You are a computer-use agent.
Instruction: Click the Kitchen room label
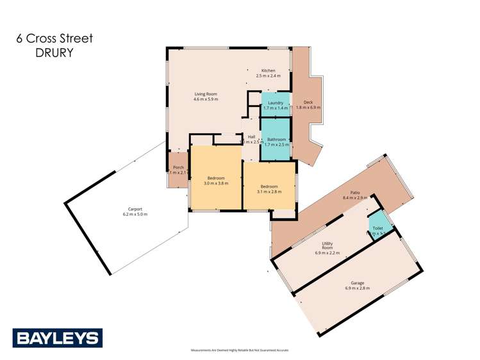pyautogui.click(x=268, y=70)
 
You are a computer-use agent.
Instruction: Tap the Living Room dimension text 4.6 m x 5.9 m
pyautogui.click(x=206, y=100)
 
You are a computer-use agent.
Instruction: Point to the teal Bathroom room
pyautogui.click(x=276, y=142)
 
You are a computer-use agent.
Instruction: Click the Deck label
pyautogui.click(x=308, y=102)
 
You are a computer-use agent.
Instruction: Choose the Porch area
pyautogui.click(x=178, y=170)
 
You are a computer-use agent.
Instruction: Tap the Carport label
pyautogui.click(x=135, y=209)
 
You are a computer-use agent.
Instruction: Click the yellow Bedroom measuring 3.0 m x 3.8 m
pyautogui.click(x=216, y=180)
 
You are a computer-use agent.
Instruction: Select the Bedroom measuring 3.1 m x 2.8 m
pyautogui.click(x=269, y=187)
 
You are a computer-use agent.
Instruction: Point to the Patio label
pyautogui.click(x=354, y=192)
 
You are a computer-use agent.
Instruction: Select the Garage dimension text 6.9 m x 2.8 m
pyautogui.click(x=358, y=288)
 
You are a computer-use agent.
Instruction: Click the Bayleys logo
pyautogui.click(x=57, y=338)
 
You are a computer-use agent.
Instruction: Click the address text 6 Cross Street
pyautogui.click(x=55, y=38)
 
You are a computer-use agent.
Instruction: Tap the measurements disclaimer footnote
pyautogui.click(x=240, y=350)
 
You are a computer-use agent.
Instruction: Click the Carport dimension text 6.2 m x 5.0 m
pyautogui.click(x=135, y=214)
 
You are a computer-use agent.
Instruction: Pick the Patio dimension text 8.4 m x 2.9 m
pyautogui.click(x=354, y=198)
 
